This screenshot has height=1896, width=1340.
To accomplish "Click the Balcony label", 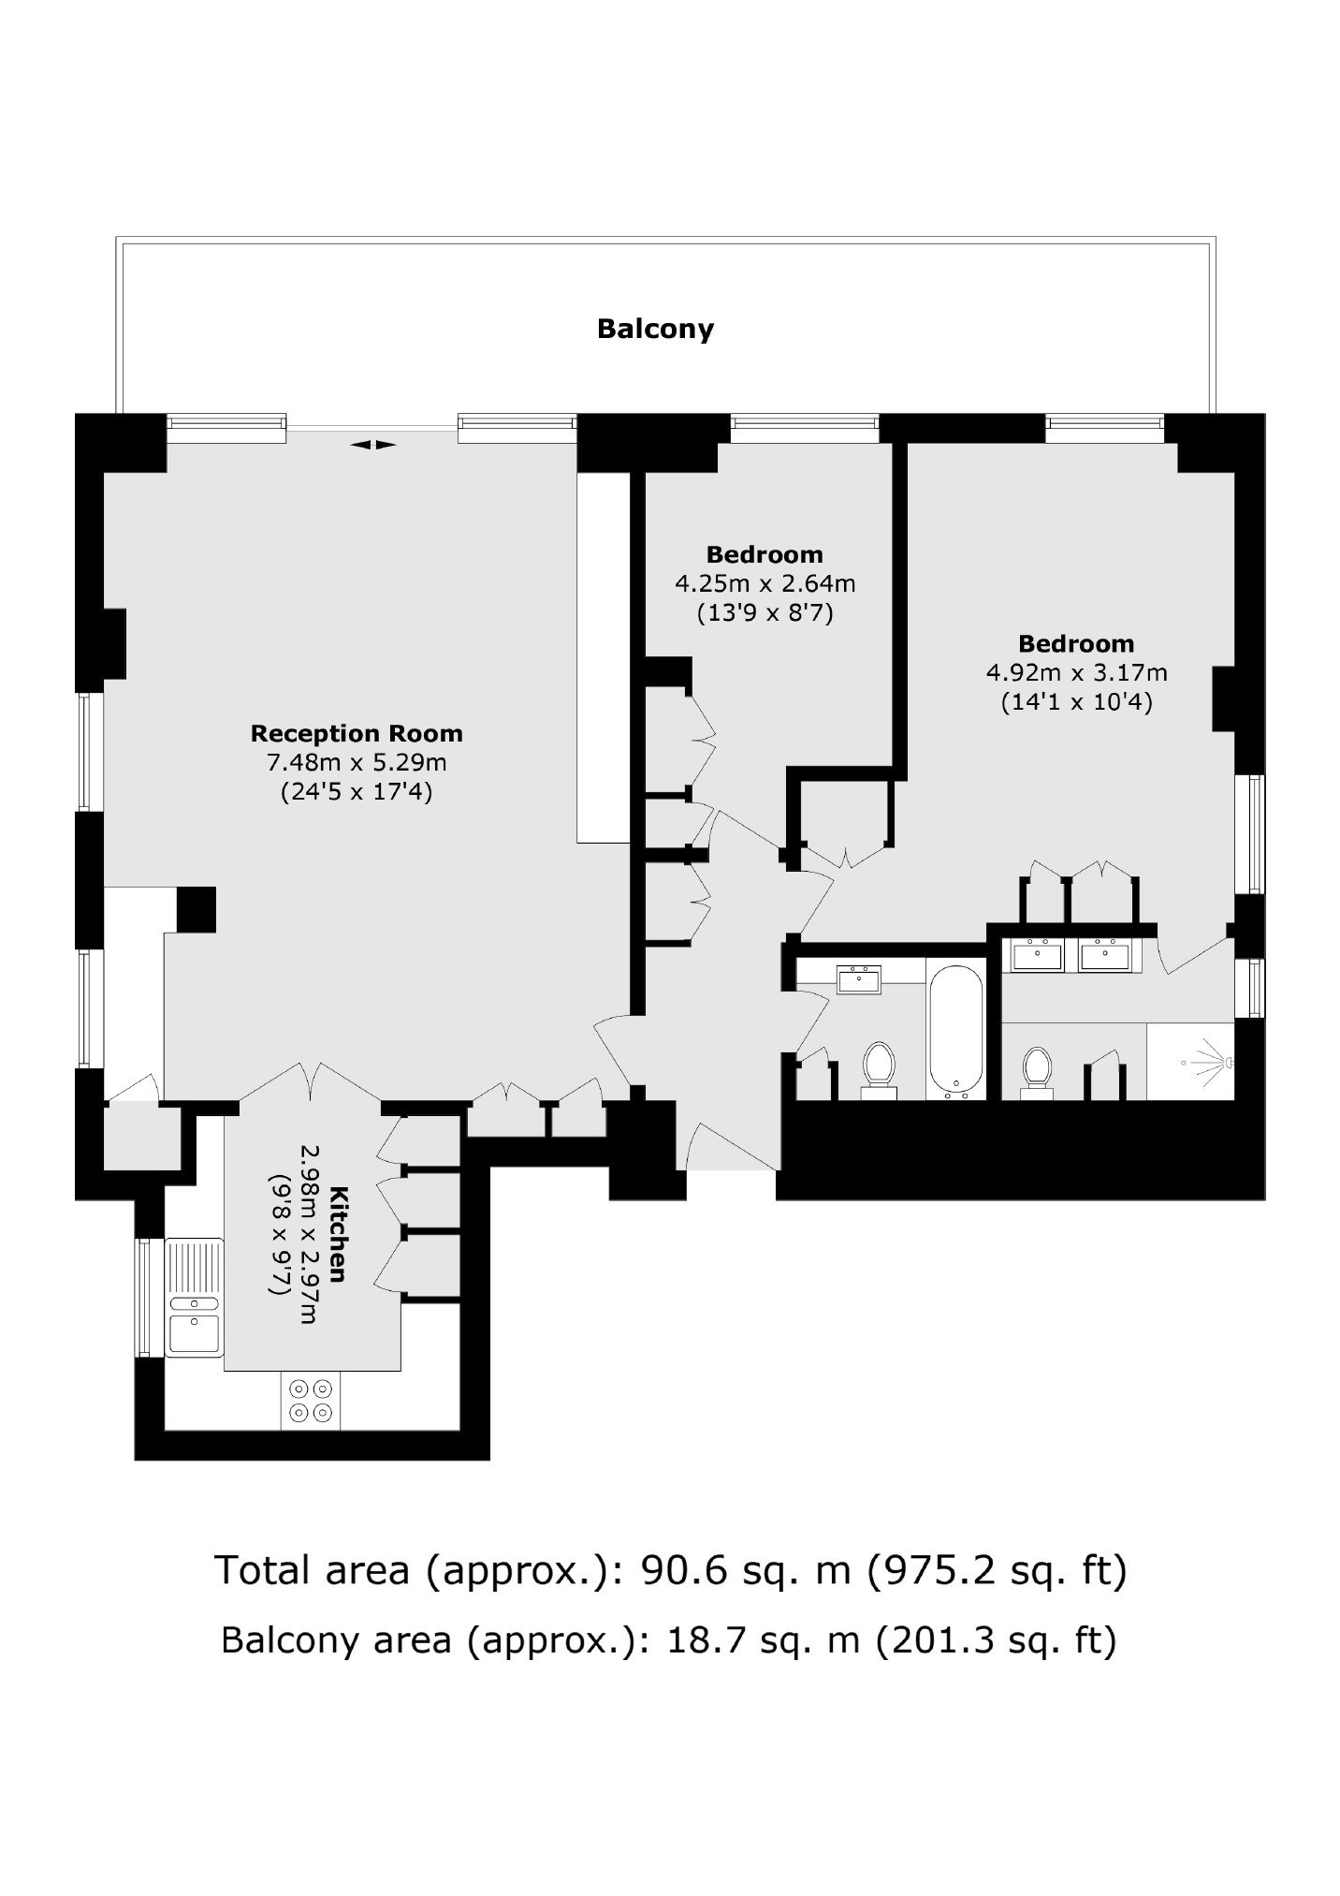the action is click(655, 329).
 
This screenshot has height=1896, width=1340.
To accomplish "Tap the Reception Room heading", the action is click(357, 733).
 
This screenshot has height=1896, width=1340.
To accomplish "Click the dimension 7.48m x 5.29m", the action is click(357, 762).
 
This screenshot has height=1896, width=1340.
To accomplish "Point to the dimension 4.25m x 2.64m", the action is click(765, 584).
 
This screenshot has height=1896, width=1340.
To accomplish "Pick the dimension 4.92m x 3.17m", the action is click(1076, 672).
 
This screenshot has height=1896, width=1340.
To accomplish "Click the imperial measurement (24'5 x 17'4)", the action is click(357, 792).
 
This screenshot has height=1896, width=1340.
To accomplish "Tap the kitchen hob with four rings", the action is click(311, 1402).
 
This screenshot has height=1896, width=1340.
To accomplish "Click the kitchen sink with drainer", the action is click(195, 1297).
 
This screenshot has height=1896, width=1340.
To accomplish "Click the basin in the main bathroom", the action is click(858, 980).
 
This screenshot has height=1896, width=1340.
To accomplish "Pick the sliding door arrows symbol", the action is click(373, 445).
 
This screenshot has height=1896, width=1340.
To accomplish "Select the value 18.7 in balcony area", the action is click(693, 1639).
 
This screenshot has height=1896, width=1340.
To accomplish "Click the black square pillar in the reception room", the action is click(197, 909).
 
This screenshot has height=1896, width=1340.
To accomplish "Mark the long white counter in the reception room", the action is click(604, 657).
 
